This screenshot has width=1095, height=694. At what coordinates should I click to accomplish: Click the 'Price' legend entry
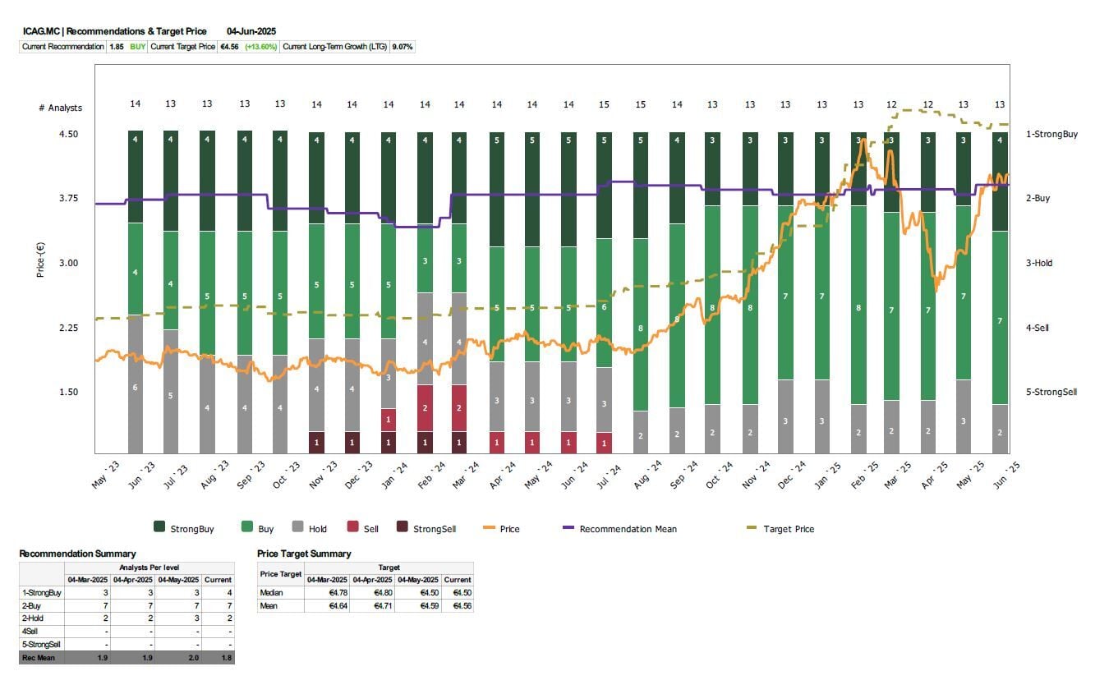509,529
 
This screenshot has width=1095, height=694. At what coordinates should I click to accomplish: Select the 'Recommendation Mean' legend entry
628,529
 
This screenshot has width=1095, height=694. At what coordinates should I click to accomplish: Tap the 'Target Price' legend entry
789,529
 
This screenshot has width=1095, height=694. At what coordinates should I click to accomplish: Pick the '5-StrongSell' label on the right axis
1051,392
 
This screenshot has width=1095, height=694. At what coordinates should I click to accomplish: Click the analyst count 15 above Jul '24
604,104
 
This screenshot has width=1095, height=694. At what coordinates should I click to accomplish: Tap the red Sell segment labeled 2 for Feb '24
425,407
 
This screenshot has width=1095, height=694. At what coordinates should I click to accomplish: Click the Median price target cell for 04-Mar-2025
327,593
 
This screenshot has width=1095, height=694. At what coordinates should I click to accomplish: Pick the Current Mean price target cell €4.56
457,606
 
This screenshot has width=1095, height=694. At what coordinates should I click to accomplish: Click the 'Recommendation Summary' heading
77,554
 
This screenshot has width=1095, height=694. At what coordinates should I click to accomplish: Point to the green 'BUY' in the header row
137,47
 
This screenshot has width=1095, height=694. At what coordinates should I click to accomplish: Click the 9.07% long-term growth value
403,47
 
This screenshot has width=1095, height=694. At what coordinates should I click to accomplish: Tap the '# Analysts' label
60,108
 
